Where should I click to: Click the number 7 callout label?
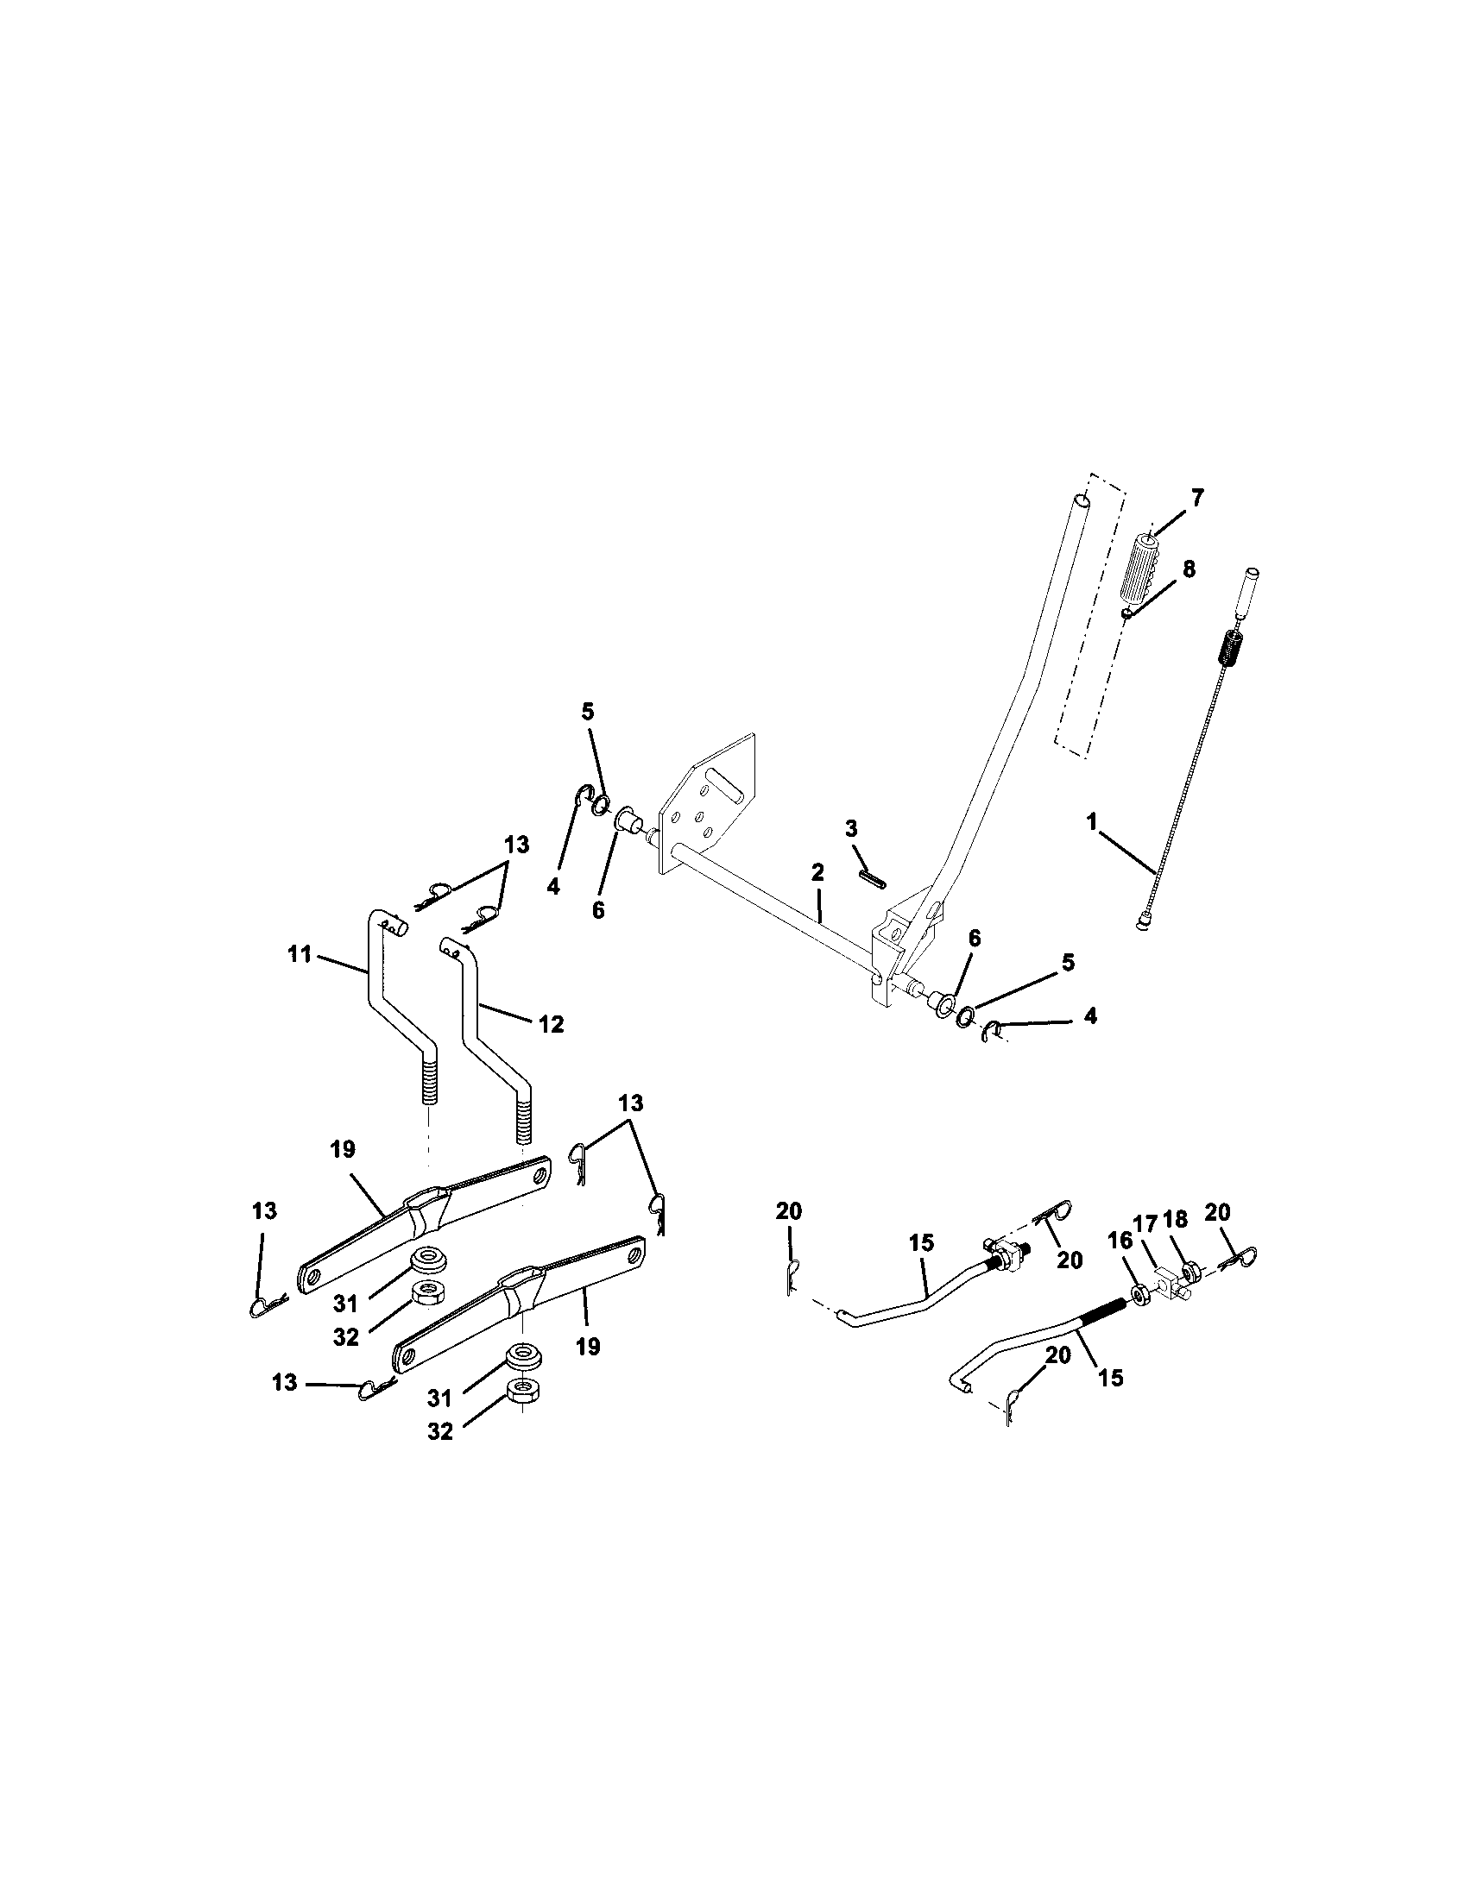coord(1197,498)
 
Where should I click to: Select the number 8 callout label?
coord(1189,569)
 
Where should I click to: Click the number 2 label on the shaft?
coord(817,872)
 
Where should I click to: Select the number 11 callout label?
coord(300,954)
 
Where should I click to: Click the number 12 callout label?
coord(551,1025)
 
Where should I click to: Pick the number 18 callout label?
coord(1176,1219)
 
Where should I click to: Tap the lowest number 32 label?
coord(440,1431)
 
